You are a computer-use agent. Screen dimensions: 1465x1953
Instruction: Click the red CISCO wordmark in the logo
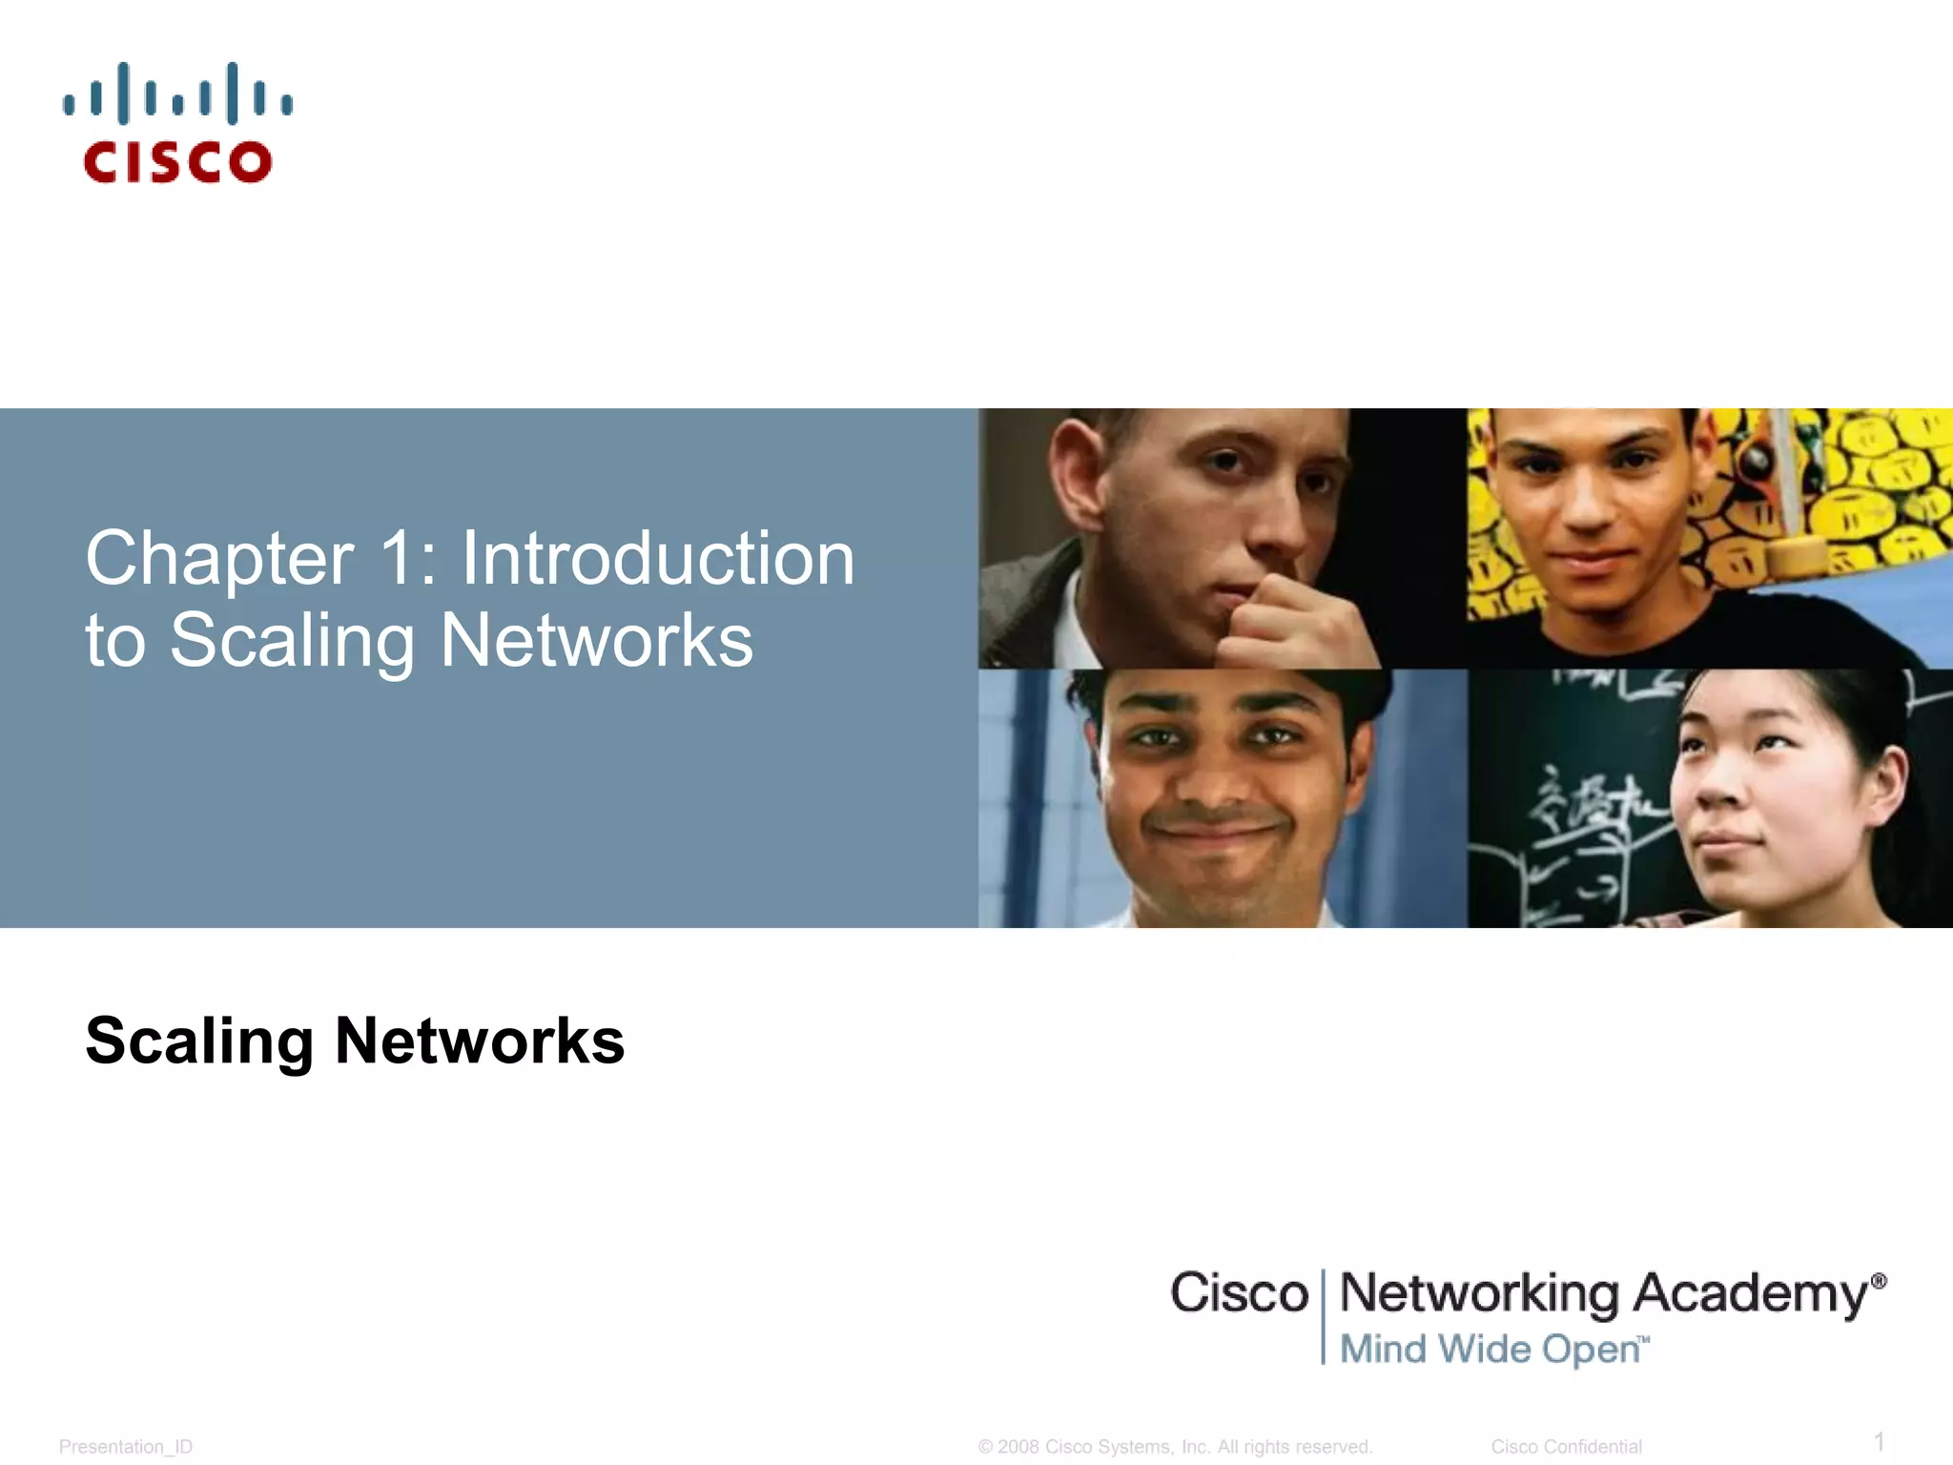(x=177, y=162)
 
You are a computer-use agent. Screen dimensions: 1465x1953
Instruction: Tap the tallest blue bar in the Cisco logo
(x=123, y=93)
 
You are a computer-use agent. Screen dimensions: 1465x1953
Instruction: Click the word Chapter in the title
(x=219, y=559)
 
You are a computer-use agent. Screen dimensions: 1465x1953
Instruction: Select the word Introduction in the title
(x=658, y=559)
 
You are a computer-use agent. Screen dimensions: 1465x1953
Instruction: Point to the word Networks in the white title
(x=597, y=640)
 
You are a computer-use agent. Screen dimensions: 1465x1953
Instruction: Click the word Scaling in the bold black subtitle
(x=199, y=1041)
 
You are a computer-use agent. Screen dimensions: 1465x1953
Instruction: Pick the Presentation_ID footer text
(x=126, y=1447)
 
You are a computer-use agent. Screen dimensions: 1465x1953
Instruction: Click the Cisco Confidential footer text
(x=1566, y=1447)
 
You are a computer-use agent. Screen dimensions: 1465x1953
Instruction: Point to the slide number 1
(x=1879, y=1441)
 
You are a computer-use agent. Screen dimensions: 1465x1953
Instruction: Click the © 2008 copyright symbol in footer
(x=986, y=1447)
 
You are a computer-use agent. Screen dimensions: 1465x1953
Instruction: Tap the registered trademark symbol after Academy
(x=1879, y=1281)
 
